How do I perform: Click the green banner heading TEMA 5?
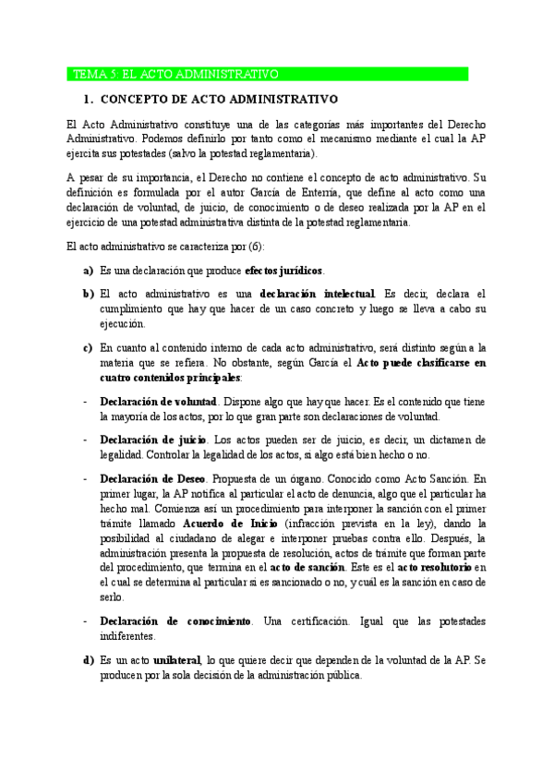click(268, 74)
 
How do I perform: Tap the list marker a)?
click(89, 271)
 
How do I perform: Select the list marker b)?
click(89, 294)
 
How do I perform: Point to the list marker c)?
click(89, 347)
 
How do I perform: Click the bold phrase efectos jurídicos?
click(284, 271)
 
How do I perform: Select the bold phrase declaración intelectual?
click(318, 294)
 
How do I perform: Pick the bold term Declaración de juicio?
click(152, 440)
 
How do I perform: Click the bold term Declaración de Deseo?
click(152, 479)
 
